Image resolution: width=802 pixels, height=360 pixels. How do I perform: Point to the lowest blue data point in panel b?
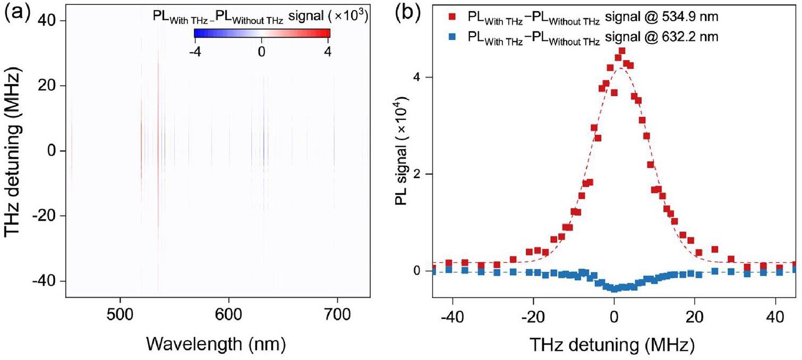[615, 289]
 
